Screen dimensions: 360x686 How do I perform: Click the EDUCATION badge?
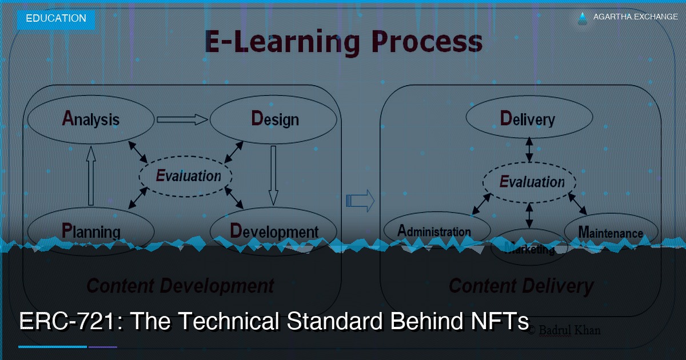click(x=55, y=18)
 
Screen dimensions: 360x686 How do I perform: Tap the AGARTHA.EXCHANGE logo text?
click(x=635, y=17)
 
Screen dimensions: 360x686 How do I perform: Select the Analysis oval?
click(x=90, y=119)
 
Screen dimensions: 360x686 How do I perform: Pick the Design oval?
click(x=274, y=119)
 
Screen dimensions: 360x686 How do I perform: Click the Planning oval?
click(x=90, y=230)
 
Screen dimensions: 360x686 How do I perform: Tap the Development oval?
click(x=274, y=230)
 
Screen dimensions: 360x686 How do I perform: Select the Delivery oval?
click(x=529, y=119)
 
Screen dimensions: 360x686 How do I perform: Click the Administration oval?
click(x=436, y=231)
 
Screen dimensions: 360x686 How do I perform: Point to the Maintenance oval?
click(x=611, y=232)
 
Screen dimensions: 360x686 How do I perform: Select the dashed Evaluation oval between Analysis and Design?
click(x=186, y=176)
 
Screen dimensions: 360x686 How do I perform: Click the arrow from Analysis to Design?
click(x=182, y=119)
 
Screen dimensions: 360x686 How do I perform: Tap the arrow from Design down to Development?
click(x=273, y=174)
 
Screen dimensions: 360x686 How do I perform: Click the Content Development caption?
click(x=180, y=285)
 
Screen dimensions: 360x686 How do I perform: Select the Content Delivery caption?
click(x=521, y=285)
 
